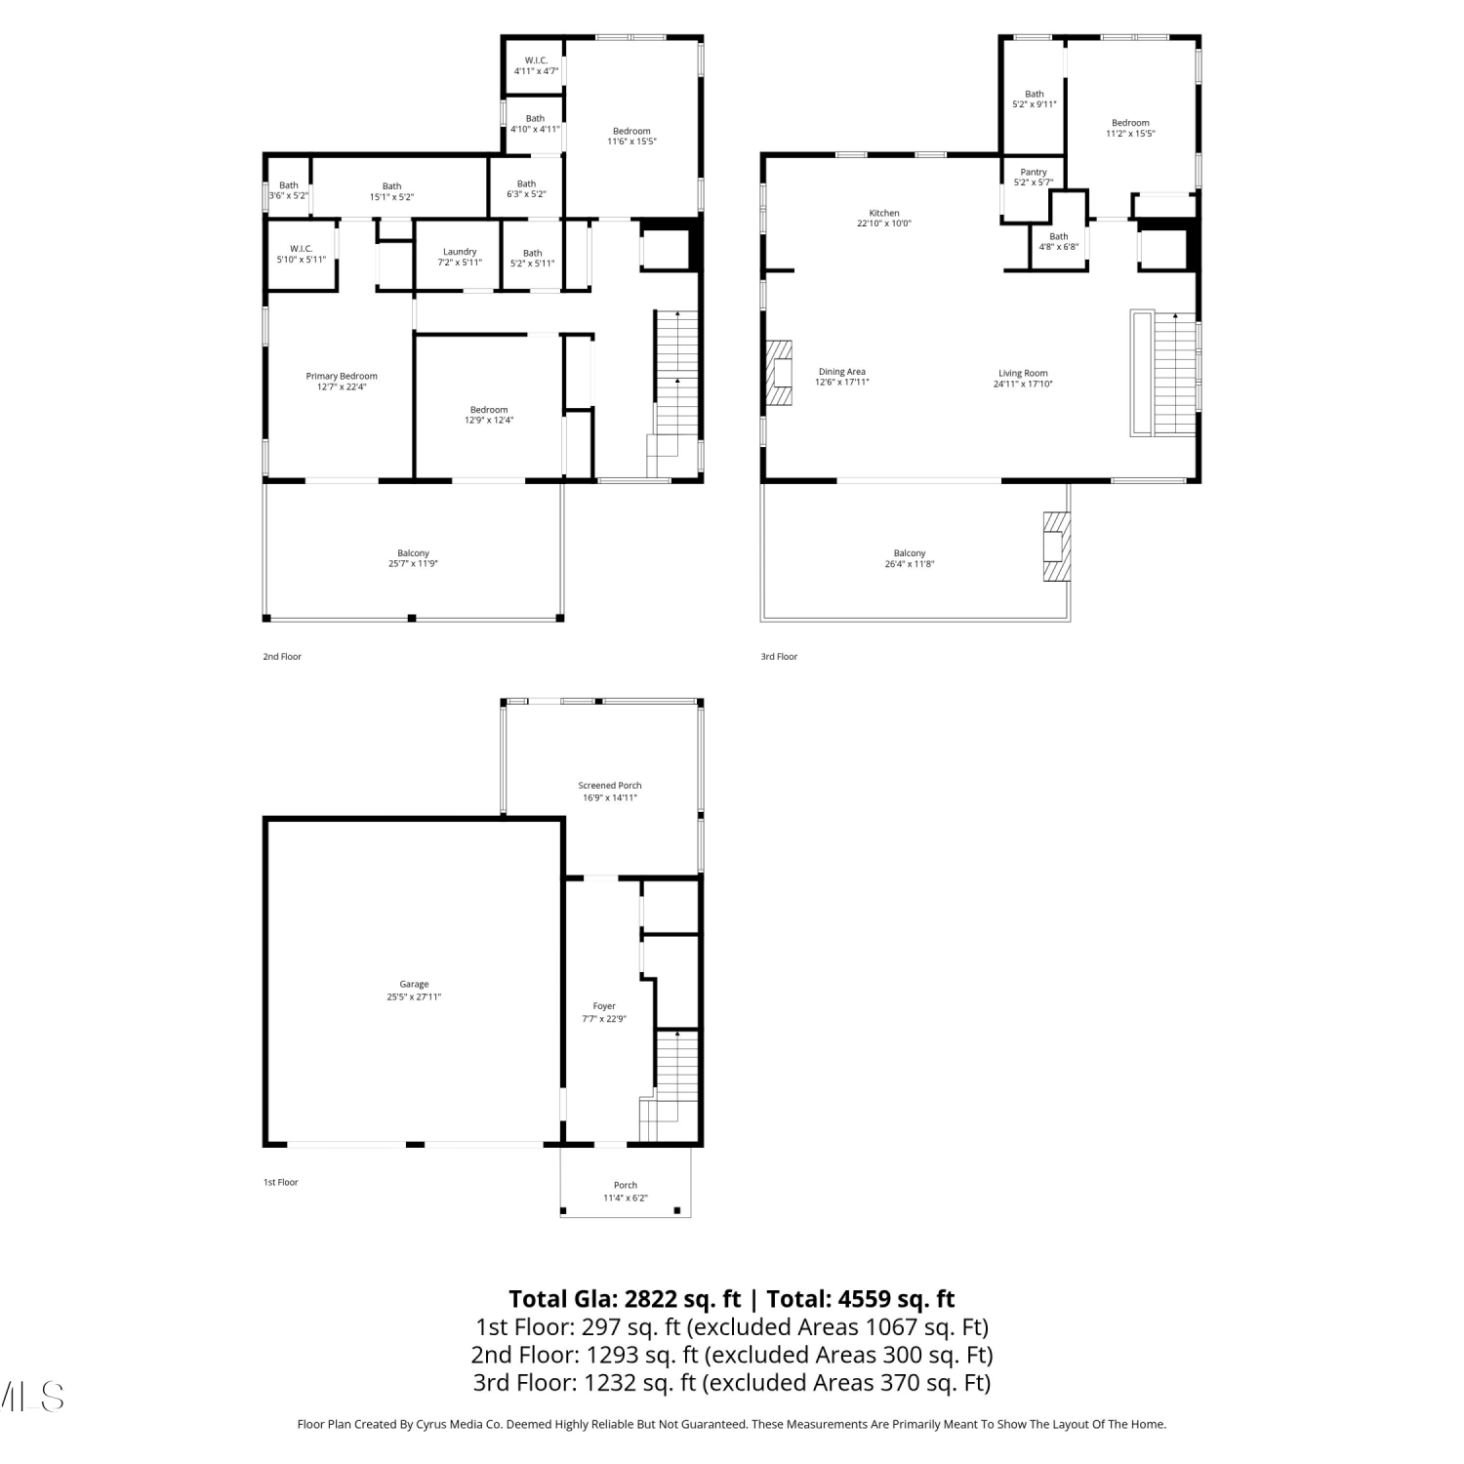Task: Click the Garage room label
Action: (414, 984)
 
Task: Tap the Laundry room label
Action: (460, 252)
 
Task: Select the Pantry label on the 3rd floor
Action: (1034, 172)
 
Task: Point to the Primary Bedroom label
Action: (342, 376)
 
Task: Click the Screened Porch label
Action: (610, 785)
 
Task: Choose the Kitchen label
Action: (884, 213)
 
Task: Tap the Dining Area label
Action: (842, 372)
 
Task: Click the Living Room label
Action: (1023, 373)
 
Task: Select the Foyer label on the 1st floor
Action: (604, 1006)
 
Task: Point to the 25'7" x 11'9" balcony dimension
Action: (413, 564)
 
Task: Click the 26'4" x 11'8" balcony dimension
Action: (910, 564)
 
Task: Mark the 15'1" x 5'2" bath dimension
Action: (391, 197)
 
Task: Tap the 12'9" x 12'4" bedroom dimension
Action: (489, 421)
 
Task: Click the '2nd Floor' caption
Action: (282, 657)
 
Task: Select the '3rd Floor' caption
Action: (780, 657)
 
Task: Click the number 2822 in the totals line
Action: (652, 1299)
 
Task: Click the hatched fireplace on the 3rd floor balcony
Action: (1055, 547)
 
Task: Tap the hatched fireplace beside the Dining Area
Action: (779, 373)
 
